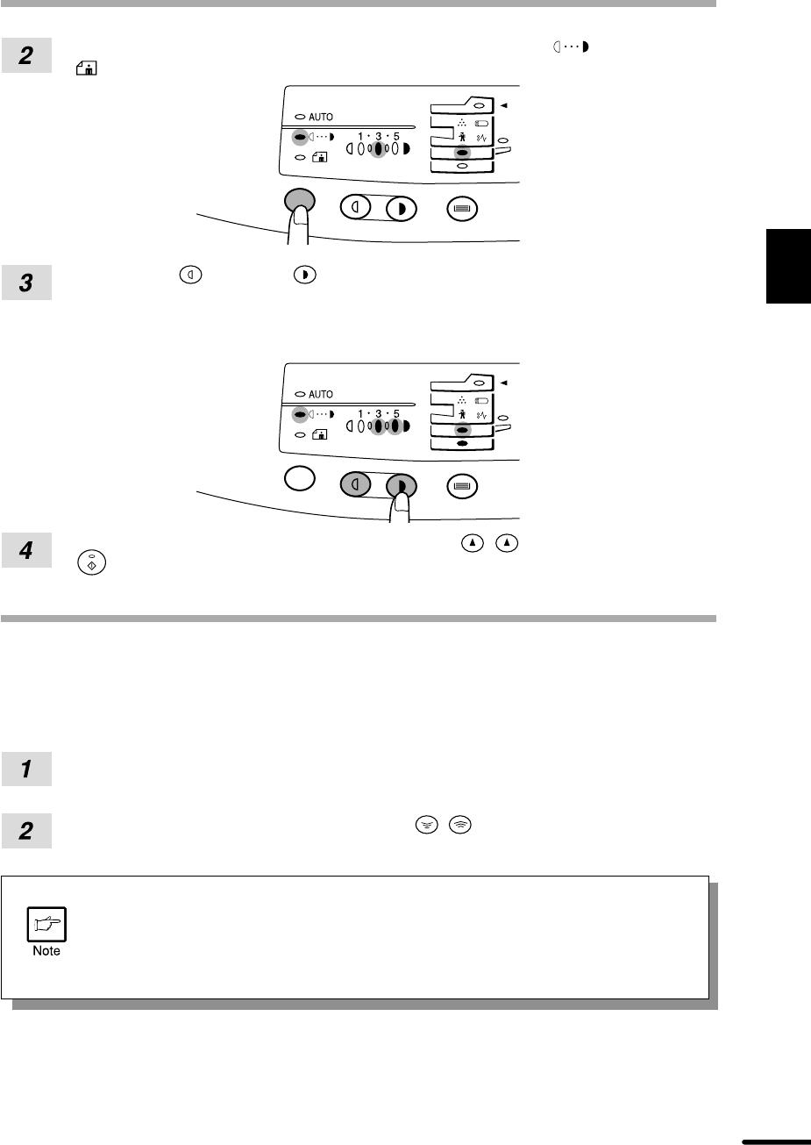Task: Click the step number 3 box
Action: (26, 283)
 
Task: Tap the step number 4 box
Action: (26, 550)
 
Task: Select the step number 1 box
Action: (26, 769)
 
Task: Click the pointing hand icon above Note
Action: (46, 924)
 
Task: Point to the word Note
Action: (46, 951)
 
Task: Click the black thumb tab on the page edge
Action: (788, 267)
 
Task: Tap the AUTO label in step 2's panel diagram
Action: (321, 117)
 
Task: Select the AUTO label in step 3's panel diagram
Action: (321, 395)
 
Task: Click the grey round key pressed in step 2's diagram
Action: (300, 200)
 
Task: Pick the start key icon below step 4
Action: (92, 562)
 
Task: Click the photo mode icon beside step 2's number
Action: (86, 68)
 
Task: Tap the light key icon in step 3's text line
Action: (190, 275)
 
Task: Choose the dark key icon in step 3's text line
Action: (305, 275)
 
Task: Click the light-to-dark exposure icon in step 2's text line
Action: (572, 47)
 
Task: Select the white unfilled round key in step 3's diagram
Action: (300, 478)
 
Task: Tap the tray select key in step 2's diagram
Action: (462, 209)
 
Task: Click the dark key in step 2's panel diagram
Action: (401, 210)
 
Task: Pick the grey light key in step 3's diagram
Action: (355, 484)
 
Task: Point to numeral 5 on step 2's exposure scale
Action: (396, 137)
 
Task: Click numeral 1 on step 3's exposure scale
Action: (360, 413)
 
